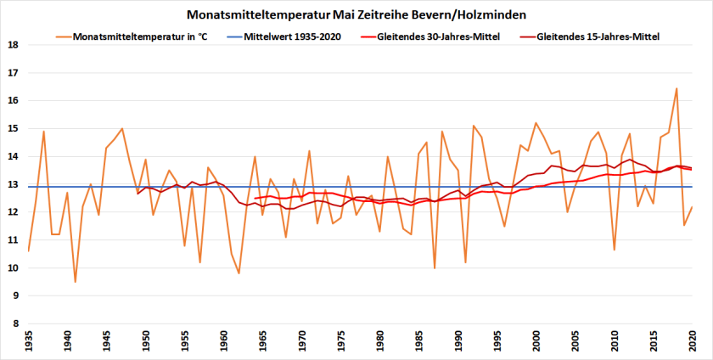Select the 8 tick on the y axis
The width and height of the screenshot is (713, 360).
coord(14,323)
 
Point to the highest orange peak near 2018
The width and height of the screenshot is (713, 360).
coord(677,88)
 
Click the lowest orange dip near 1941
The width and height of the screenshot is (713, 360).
coord(76,282)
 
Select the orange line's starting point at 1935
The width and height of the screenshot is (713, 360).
coord(29,250)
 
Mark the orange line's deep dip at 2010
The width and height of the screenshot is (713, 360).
coord(615,250)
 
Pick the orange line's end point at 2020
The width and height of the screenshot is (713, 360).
coord(693,206)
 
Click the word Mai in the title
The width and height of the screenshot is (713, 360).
coord(345,15)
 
